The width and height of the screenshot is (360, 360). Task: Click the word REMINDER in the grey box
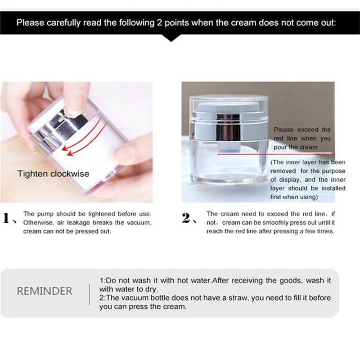tap(45, 291)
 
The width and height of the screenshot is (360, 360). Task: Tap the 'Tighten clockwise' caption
tap(53, 173)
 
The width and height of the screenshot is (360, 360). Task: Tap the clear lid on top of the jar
tap(227, 103)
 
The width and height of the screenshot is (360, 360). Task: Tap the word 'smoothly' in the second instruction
tap(265, 223)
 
